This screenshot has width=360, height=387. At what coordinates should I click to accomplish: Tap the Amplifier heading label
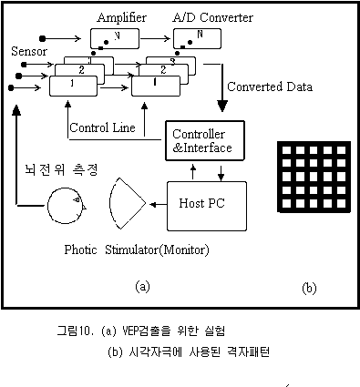coord(121,17)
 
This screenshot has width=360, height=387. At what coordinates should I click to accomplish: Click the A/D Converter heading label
coord(212,17)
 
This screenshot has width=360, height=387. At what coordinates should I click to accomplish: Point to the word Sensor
coord(29,51)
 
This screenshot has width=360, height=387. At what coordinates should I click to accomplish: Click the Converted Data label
coord(270,87)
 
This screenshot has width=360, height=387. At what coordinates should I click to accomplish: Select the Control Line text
coord(102,127)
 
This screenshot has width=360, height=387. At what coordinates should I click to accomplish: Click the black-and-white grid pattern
coord(314,177)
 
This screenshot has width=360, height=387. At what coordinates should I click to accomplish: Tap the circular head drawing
coord(47,206)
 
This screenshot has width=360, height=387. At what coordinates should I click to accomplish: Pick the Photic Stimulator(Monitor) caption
coord(137,250)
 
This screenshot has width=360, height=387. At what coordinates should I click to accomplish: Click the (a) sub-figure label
coord(142,287)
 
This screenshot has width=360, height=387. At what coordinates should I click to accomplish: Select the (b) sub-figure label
coord(309,288)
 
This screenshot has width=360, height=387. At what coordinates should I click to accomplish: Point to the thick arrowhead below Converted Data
coord(222,106)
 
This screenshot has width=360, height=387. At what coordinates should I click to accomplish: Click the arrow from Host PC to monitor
coord(159,205)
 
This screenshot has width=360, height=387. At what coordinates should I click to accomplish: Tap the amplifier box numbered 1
coord(73,86)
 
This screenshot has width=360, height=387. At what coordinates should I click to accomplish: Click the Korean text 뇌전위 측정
coord(61,169)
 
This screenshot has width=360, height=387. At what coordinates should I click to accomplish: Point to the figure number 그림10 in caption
coord(75,331)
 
